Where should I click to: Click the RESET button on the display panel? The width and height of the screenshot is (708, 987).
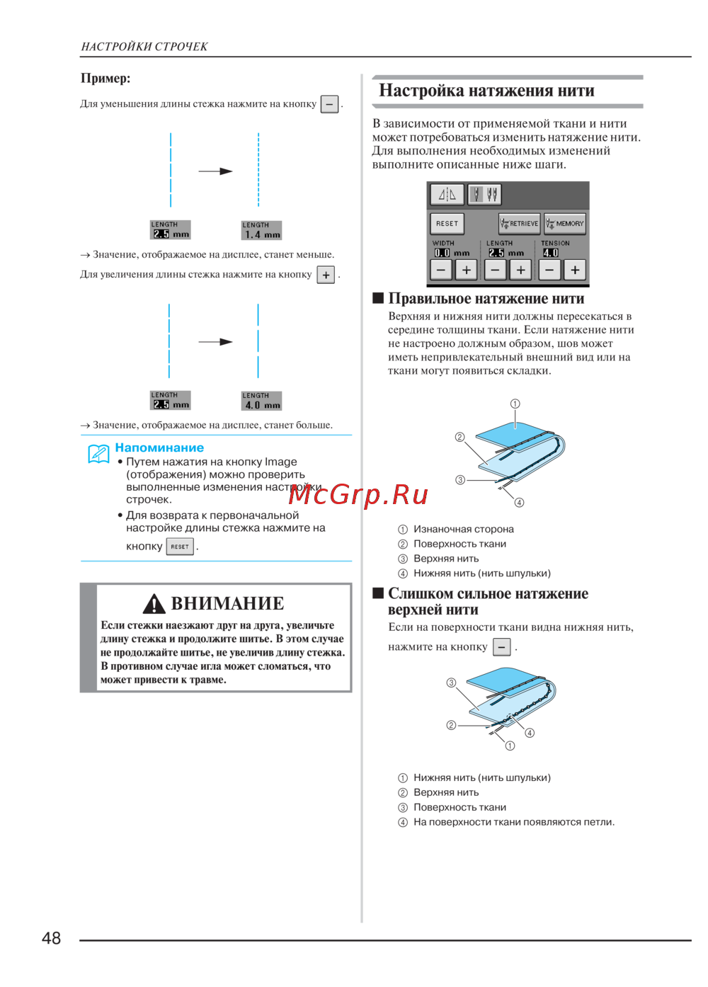(x=447, y=224)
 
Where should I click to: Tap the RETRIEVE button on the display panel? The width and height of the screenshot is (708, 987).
(x=519, y=224)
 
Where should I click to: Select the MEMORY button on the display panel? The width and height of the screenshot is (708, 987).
(x=565, y=224)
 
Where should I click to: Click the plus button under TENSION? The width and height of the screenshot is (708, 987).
(x=575, y=270)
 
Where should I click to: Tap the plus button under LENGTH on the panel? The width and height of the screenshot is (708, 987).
(x=520, y=270)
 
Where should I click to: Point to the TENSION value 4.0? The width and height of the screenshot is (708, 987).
(x=551, y=253)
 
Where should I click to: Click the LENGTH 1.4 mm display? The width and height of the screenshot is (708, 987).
(x=262, y=231)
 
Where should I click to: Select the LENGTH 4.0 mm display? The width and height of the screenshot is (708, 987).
(x=262, y=401)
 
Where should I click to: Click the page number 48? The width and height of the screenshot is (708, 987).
(x=52, y=938)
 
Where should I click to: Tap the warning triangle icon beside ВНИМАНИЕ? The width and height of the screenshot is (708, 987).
(x=154, y=604)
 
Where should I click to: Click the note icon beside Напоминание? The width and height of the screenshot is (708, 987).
(x=98, y=453)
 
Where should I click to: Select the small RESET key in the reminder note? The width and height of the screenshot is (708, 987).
(x=180, y=547)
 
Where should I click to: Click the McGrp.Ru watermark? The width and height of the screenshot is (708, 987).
(x=358, y=494)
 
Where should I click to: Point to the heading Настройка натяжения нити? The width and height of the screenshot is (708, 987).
(x=486, y=91)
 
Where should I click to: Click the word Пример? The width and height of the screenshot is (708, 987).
(x=105, y=79)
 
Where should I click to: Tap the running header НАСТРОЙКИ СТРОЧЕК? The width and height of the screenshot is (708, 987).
(x=144, y=47)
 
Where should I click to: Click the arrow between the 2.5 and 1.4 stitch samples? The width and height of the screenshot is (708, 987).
(x=215, y=171)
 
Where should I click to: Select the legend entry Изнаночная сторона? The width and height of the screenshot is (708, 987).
(x=463, y=529)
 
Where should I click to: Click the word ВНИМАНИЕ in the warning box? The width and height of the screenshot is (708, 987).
(x=227, y=603)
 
